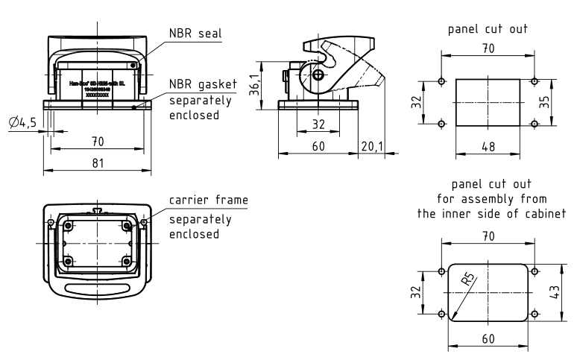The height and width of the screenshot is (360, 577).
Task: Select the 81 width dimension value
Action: [98, 163]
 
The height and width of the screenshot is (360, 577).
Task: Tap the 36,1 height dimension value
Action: [256, 86]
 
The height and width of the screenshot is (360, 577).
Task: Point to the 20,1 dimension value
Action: [371, 146]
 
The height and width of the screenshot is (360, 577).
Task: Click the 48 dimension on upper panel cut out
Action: [488, 147]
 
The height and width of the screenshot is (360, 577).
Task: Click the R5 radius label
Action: [468, 282]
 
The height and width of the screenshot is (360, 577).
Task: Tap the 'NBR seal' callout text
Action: [196, 34]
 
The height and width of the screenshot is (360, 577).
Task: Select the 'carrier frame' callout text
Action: [208, 200]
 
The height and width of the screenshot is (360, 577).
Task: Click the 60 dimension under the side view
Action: [318, 146]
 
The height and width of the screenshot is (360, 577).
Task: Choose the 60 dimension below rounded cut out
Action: [488, 338]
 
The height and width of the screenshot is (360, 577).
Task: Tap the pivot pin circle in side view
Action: [318, 75]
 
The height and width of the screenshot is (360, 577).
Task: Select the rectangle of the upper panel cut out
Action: [488, 102]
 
